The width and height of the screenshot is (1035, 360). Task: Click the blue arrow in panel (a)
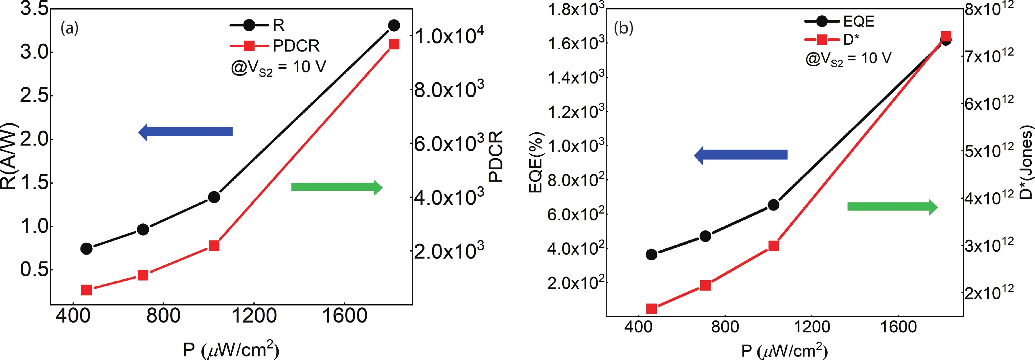click(x=186, y=132)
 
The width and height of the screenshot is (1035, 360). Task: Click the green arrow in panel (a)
click(x=337, y=187)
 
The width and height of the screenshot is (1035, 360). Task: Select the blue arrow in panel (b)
click(x=741, y=155)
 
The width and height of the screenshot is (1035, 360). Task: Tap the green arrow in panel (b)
click(x=892, y=207)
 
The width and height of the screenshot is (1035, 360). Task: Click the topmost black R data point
click(x=394, y=26)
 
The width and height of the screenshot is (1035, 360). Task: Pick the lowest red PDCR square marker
click(x=86, y=290)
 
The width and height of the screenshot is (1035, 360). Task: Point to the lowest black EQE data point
click(x=652, y=254)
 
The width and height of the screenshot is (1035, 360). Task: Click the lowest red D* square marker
click(x=652, y=308)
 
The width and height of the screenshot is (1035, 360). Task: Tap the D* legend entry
click(x=832, y=39)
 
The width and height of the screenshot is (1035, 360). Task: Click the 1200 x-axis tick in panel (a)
click(x=254, y=316)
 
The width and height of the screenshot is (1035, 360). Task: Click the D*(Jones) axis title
click(x=1026, y=163)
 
